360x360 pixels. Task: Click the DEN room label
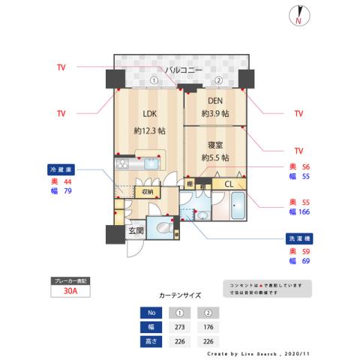click(214, 103)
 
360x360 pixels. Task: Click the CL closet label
click(229, 183)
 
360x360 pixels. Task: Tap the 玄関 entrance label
click(136, 230)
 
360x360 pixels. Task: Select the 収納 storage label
click(148, 192)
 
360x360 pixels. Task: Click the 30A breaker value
click(71, 292)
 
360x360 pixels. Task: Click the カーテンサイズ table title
click(180, 295)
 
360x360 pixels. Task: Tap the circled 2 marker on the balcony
click(218, 80)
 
